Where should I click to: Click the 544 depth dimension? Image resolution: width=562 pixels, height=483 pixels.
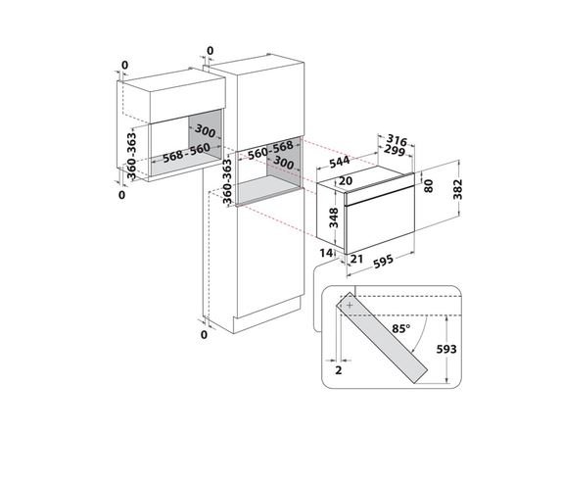click(339, 162)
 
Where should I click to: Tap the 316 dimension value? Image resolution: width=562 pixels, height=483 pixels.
click(398, 140)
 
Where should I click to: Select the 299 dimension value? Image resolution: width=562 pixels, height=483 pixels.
click(395, 150)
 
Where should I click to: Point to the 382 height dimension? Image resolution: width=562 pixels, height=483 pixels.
click(457, 189)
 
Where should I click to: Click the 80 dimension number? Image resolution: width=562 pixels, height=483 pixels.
click(428, 186)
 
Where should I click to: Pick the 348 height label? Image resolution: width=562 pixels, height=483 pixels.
click(334, 217)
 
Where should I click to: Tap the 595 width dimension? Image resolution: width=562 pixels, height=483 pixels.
click(383, 262)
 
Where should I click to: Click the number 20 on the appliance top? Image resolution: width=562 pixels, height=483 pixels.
click(346, 180)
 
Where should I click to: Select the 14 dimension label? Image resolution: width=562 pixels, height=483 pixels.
click(326, 253)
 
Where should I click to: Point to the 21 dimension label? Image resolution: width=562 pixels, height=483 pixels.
click(357, 259)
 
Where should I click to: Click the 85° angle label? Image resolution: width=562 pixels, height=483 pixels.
click(401, 328)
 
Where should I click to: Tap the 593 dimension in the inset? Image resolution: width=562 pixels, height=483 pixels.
click(446, 349)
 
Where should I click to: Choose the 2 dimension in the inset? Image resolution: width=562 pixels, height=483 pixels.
click(339, 369)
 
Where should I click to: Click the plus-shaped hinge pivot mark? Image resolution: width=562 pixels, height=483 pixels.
click(350, 305)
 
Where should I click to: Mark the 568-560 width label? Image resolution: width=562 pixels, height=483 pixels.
click(186, 153)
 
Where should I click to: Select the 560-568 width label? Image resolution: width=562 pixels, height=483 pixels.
click(270, 150)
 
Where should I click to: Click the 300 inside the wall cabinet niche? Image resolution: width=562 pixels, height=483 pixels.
click(205, 131)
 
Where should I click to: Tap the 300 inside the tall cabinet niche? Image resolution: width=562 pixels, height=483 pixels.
click(284, 163)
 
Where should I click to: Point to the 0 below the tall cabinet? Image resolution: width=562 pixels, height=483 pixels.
click(204, 334)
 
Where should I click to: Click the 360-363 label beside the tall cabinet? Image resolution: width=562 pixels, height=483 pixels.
click(227, 181)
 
